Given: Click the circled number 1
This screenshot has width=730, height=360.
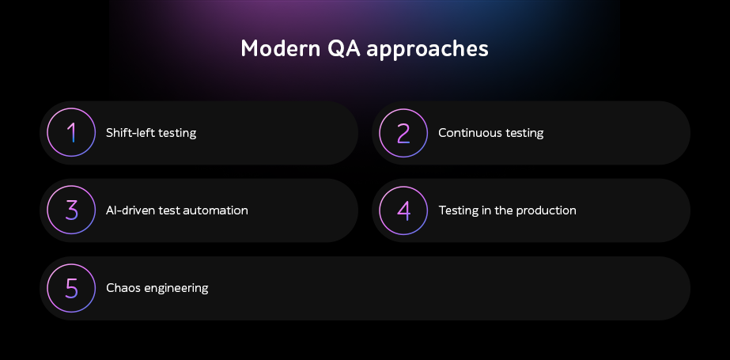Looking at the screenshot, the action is tap(71, 133).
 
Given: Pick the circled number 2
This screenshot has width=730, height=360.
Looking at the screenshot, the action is tap(403, 133).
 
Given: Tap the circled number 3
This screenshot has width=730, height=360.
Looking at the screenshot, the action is tap(71, 210).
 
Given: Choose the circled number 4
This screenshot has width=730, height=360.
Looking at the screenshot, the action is tap(403, 210).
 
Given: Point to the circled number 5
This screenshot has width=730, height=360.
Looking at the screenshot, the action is tap(71, 288).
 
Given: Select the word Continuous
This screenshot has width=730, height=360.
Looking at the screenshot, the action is tap(467, 133).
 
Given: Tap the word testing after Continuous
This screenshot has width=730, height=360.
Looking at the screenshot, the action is tap(521, 134).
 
